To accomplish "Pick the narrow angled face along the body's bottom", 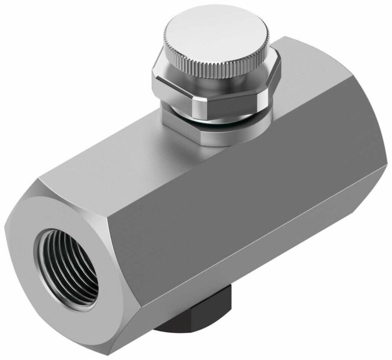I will pyautogui.click(x=230, y=301).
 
